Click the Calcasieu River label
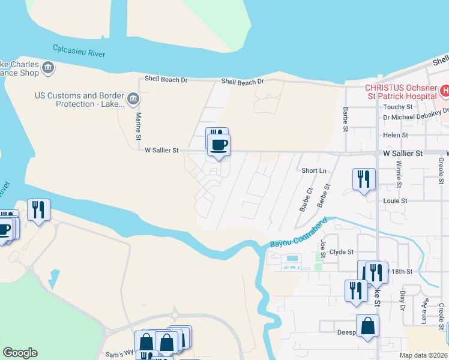point(79,50)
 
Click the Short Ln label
point(314,170)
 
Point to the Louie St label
point(396,200)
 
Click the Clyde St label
point(342,252)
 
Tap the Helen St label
point(396,136)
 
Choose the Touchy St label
point(397,107)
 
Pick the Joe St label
point(323,247)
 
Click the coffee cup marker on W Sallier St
point(218,145)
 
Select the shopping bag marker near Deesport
point(367,326)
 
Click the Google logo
point(20,352)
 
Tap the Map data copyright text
point(423,355)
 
